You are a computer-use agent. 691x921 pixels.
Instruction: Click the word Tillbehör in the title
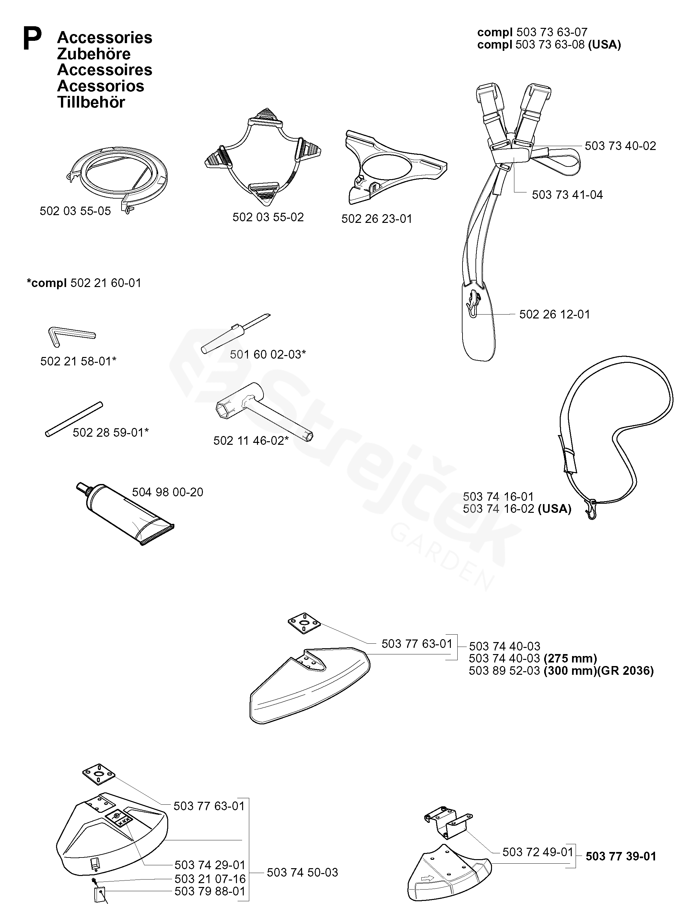[x=91, y=102]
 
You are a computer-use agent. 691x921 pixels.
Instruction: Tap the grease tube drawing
[x=125, y=515]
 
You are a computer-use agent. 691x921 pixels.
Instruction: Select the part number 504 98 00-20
[x=168, y=492]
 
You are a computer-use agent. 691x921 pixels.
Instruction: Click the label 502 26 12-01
[x=554, y=314]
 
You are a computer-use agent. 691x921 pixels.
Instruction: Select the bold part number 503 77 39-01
[x=621, y=857]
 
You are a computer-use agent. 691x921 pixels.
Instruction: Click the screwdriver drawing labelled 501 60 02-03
[x=236, y=333]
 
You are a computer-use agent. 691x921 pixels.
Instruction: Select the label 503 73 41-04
[x=567, y=195]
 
